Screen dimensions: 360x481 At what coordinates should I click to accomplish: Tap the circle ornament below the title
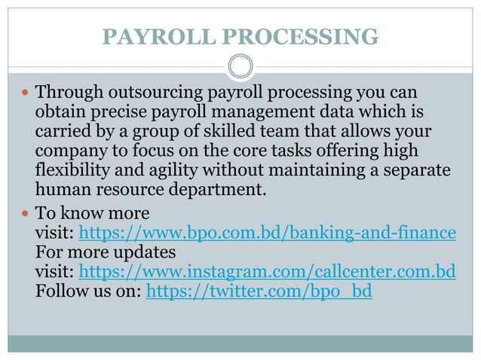point(240,67)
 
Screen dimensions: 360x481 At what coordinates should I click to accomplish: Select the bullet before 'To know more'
point(26,212)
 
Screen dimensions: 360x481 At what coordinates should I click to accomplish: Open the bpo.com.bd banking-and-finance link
point(267,232)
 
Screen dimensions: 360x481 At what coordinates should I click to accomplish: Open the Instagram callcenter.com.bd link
point(267,271)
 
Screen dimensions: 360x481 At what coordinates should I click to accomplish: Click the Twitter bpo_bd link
point(259,291)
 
